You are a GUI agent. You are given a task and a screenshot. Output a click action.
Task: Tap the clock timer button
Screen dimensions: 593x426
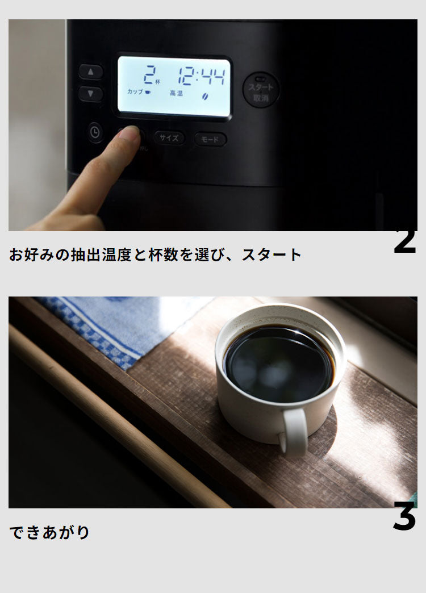(x=95, y=133)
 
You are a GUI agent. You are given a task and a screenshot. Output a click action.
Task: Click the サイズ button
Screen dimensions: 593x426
(x=169, y=138)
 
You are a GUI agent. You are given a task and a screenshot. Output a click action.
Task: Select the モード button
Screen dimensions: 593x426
(x=210, y=139)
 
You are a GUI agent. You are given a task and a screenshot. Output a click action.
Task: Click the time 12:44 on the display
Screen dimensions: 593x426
(x=201, y=76)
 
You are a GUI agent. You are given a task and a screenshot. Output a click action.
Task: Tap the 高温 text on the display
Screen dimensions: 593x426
(x=176, y=93)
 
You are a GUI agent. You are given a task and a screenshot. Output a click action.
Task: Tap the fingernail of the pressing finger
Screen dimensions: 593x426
(x=130, y=133)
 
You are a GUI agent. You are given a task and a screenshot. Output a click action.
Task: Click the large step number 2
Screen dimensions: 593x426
(x=404, y=241)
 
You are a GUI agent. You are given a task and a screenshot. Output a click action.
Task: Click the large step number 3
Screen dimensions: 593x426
(x=404, y=518)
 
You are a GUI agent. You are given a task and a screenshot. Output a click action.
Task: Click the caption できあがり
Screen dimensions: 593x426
(x=50, y=532)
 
